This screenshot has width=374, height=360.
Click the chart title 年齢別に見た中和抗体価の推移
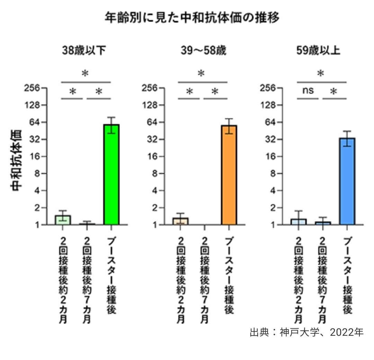(192, 17)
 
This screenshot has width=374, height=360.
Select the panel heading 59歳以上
(318, 51)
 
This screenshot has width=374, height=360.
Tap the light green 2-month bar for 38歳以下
(63, 220)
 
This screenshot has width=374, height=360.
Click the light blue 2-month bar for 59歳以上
(298, 222)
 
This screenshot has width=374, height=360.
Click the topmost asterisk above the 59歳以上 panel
(321, 73)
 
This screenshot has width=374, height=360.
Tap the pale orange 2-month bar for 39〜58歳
(180, 221)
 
